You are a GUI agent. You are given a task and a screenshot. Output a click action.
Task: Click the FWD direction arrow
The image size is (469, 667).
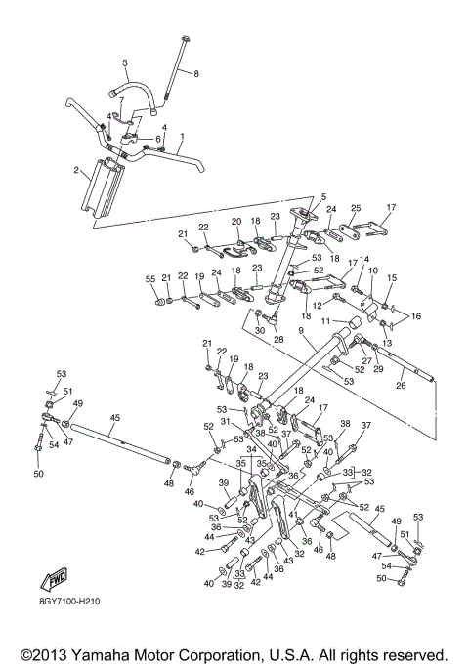(54, 579)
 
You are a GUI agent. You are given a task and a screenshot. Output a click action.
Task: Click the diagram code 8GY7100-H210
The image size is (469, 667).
(68, 602)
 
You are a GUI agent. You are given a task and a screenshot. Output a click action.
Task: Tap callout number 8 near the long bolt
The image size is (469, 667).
(195, 73)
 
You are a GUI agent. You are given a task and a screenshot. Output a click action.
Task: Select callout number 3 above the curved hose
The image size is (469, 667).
(125, 63)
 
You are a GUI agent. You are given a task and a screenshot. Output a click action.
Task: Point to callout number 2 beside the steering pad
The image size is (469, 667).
(76, 171)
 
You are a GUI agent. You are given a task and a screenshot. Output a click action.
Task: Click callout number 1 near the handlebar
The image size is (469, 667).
(182, 136)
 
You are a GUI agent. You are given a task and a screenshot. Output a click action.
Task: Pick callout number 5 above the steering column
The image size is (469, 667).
(323, 197)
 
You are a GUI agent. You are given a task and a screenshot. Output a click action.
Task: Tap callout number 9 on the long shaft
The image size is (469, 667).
(301, 330)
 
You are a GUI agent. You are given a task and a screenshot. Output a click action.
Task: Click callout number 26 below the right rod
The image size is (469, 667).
(401, 386)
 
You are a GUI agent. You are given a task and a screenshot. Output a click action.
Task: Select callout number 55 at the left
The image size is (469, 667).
(150, 279)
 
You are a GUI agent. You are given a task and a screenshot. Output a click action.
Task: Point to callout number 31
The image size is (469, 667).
(226, 421)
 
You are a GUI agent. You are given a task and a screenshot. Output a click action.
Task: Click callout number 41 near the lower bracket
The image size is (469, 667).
(293, 514)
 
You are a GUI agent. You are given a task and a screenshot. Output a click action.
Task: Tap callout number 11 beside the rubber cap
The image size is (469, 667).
(326, 321)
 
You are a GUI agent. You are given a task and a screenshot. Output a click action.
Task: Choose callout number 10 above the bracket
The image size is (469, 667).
(373, 271)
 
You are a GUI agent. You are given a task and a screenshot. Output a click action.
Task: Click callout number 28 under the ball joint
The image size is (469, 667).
(278, 340)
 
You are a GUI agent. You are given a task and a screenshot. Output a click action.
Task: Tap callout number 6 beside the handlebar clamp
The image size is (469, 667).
(157, 139)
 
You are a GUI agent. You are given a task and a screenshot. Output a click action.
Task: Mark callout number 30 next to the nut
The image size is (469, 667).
(260, 330)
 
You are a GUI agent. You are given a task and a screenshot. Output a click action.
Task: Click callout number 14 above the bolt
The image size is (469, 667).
(364, 259)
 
